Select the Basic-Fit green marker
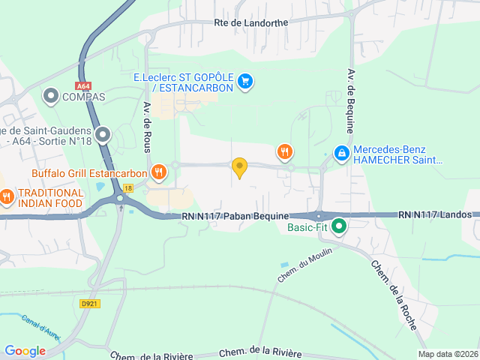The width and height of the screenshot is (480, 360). coord(339,225)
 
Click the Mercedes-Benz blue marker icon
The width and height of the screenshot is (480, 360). coord(341,153)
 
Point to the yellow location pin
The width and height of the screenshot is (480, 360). coord(239,167)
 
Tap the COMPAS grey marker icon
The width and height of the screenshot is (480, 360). coord(51,96)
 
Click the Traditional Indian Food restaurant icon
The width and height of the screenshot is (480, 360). coord(7,197)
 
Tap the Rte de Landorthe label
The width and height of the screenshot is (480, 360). coord(250,23)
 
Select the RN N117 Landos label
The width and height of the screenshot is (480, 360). coord(436,214)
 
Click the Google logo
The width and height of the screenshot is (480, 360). coord(25,351)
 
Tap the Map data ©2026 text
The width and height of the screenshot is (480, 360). coord(447,354)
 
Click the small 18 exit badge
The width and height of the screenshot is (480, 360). coord(129,188)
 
